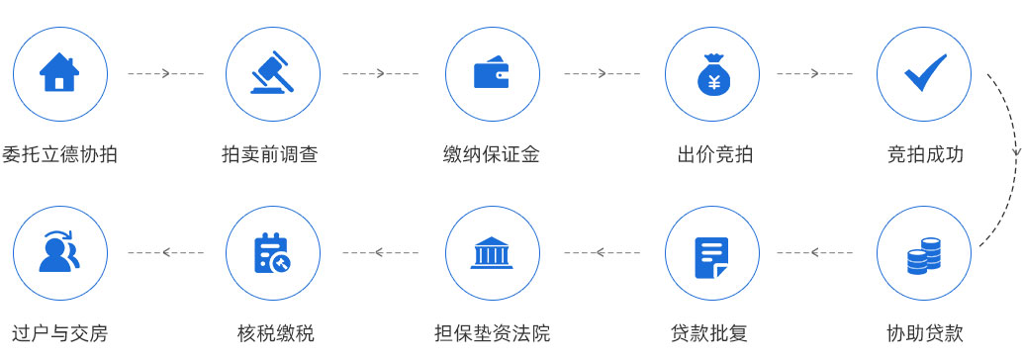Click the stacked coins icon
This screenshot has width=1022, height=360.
click(924, 254)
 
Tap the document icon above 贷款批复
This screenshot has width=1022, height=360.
click(712, 254)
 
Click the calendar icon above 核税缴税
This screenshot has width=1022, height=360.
click(273, 254)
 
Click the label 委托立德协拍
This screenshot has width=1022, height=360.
click(58, 154)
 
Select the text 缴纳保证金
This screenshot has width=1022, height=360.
click(492, 154)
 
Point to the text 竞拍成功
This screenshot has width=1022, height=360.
click(925, 154)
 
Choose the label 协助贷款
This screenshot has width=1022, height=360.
click(925, 333)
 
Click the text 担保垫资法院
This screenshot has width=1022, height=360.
click(492, 333)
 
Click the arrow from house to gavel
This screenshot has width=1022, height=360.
click(165, 74)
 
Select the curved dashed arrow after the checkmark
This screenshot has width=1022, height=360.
click(1011, 158)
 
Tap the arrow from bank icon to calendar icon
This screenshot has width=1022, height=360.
click(381, 254)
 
